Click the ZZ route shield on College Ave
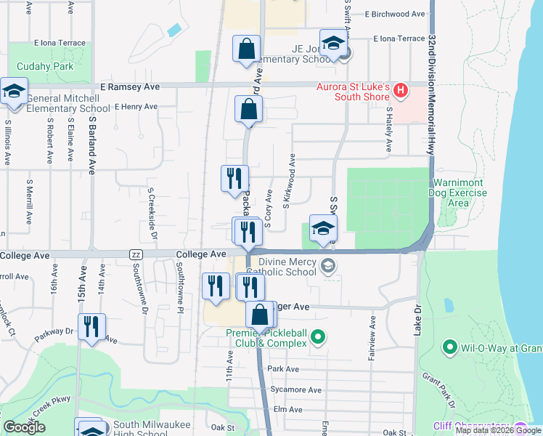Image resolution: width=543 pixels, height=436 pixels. click(x=135, y=255)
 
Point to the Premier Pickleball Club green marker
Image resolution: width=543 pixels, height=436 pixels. click(x=317, y=336)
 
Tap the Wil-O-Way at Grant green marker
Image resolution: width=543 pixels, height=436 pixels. click(x=449, y=348)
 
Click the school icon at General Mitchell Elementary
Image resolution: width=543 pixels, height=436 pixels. click(x=13, y=92)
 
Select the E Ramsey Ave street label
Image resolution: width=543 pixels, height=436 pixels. click(x=131, y=86)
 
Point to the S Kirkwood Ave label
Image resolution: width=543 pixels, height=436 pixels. click(x=290, y=179)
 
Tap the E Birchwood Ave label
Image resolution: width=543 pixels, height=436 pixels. click(x=395, y=14)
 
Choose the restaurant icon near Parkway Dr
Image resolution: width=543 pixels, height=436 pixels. click(x=91, y=326)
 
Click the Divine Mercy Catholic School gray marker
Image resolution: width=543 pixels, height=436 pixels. click(x=329, y=266)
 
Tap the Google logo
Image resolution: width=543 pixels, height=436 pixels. click(x=24, y=427)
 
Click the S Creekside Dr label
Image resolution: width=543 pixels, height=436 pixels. click(x=152, y=210)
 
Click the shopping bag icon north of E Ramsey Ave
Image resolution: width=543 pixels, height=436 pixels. click(x=247, y=49)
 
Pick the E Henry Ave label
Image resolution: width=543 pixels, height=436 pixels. click(x=136, y=107)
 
